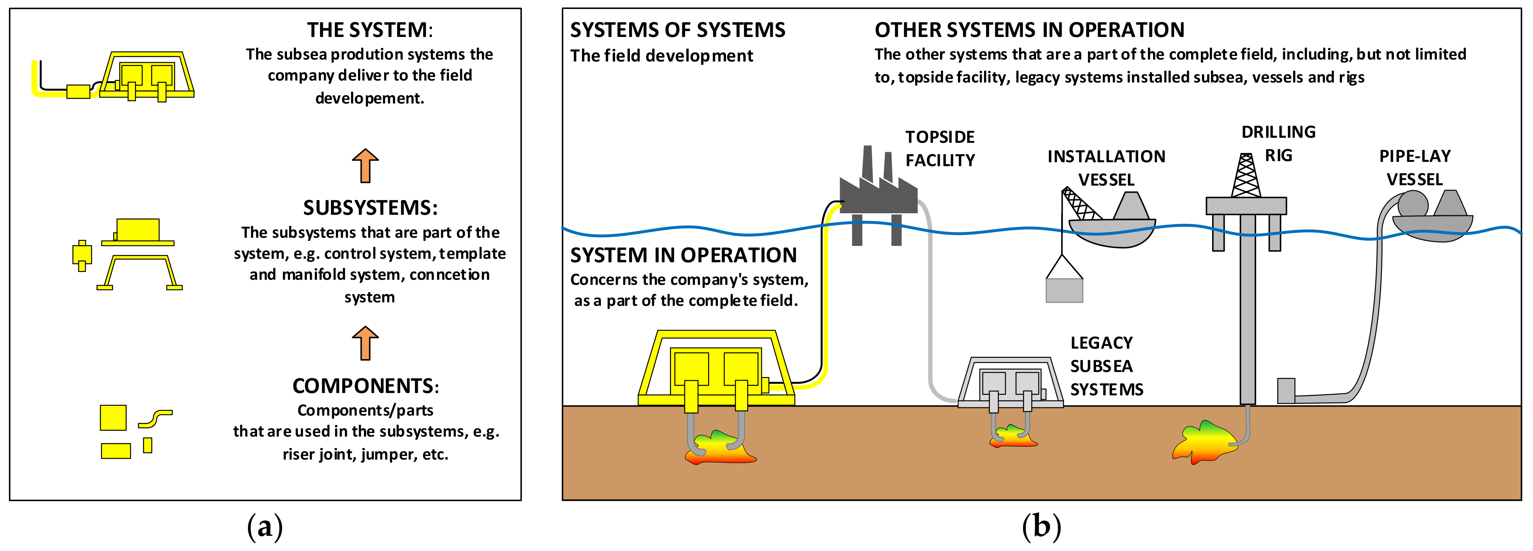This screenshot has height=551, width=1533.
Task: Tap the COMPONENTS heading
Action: [x=365, y=386]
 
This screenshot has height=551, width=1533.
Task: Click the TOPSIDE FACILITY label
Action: [x=940, y=149]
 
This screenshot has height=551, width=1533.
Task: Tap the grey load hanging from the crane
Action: [x=1064, y=290]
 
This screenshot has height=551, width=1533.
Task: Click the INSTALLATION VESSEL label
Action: [x=1106, y=168]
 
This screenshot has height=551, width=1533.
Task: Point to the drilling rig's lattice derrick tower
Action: [x=1246, y=175]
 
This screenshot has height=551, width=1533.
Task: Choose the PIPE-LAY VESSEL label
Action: [x=1415, y=168]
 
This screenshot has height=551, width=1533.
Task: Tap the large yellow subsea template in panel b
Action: [x=716, y=369]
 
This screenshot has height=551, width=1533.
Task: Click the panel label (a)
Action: [x=265, y=526]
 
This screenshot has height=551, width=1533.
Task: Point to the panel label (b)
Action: [x=1041, y=526]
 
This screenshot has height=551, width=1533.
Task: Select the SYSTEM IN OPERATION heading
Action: [x=683, y=255]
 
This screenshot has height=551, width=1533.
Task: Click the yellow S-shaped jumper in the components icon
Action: [x=155, y=418]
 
